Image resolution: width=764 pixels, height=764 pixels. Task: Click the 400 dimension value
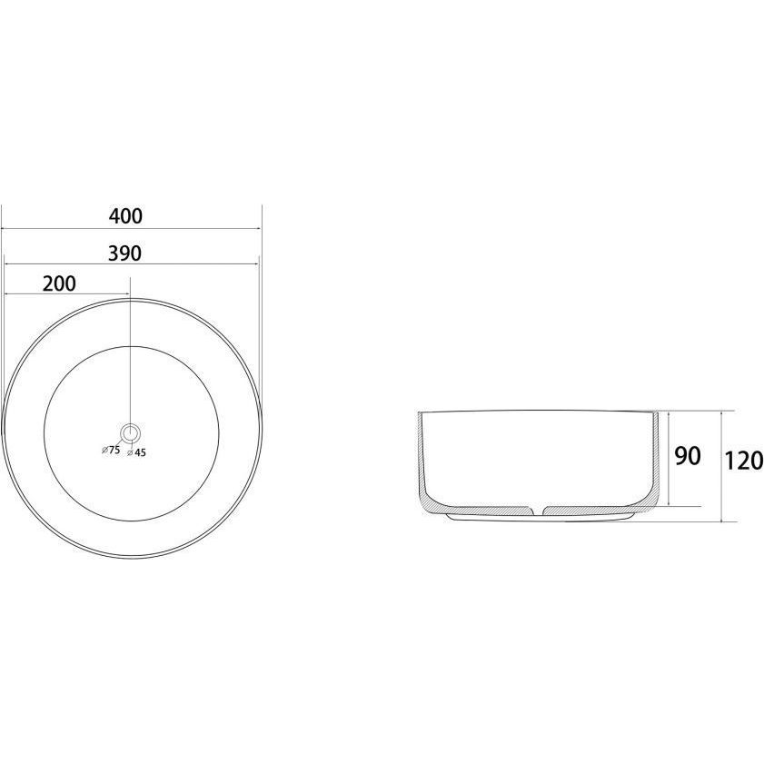click(125, 216)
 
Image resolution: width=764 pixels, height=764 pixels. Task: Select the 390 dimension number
click(124, 253)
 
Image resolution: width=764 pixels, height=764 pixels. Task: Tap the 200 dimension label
click(59, 283)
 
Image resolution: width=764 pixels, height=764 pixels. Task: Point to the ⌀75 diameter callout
click(111, 450)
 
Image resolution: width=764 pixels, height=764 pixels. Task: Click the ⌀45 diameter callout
click(136, 452)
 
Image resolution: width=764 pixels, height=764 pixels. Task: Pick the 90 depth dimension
click(688, 455)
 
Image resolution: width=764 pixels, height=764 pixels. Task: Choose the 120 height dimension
click(743, 461)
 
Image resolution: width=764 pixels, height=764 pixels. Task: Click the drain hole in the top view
click(131, 432)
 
